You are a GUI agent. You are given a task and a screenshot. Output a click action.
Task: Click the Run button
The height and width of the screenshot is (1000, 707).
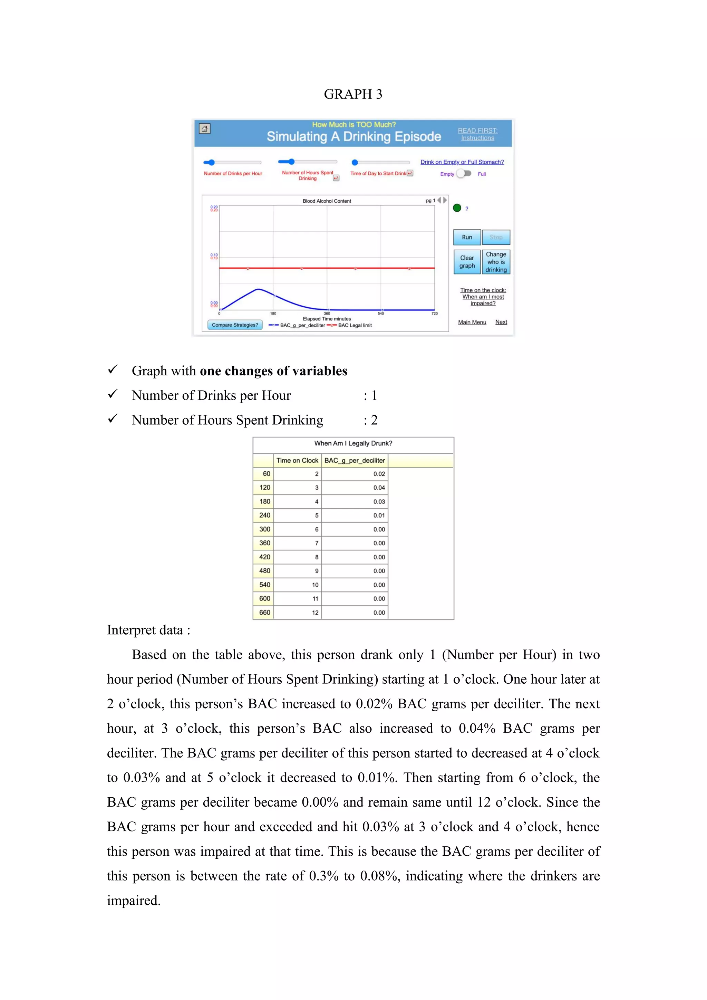point(467,237)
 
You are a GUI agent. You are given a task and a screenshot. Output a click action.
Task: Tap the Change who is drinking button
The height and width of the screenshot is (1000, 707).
point(496,262)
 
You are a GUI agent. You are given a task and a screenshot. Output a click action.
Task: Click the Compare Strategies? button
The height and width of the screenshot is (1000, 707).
point(235,325)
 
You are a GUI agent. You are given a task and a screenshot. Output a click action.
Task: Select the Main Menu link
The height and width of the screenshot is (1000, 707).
point(472,322)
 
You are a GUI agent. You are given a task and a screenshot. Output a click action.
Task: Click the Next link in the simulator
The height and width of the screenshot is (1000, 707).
point(501,322)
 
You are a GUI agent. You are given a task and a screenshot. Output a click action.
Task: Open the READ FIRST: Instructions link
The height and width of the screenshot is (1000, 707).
point(477,134)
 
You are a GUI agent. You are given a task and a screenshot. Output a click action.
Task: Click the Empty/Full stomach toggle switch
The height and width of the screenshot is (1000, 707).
point(464,173)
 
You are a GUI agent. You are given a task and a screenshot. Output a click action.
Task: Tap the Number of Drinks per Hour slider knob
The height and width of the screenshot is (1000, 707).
point(212,162)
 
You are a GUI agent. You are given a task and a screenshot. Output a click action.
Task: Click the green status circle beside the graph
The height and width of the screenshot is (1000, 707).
point(457,208)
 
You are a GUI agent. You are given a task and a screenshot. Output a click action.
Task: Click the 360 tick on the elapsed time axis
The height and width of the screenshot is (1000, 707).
point(327,314)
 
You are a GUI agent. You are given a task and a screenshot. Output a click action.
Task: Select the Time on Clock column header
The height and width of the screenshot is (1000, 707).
point(297,460)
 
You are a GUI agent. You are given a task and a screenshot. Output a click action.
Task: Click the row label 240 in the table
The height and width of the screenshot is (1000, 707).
point(265,515)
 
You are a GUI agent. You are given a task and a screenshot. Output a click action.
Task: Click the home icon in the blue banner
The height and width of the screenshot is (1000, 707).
point(205,128)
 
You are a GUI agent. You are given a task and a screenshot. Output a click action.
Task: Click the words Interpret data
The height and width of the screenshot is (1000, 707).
point(148,630)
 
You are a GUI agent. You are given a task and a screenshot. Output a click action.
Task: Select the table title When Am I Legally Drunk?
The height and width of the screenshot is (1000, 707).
point(353,443)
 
